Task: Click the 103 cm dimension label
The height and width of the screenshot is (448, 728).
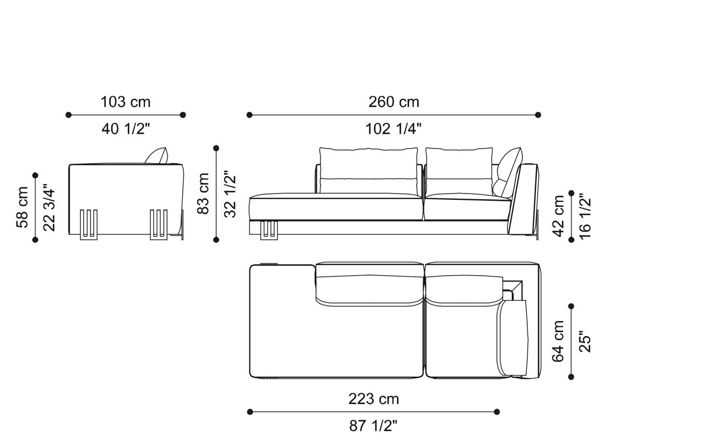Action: click(125, 102)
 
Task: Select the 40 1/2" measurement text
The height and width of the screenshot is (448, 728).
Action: click(126, 129)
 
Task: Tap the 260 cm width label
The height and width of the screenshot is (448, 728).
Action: click(394, 102)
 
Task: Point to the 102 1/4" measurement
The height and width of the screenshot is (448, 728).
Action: click(393, 129)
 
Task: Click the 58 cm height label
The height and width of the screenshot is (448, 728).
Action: click(23, 207)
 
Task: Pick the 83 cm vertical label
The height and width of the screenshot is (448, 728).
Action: click(203, 194)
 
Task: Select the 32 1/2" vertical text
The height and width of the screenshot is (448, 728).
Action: click(230, 194)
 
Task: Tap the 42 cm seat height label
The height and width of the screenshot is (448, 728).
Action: click(558, 216)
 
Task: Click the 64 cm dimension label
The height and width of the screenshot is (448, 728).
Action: click(558, 341)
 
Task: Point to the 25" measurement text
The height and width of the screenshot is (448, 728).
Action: click(585, 342)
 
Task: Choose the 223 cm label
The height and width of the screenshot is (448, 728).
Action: click(373, 399)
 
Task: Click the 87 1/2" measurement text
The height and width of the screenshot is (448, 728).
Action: click(373, 426)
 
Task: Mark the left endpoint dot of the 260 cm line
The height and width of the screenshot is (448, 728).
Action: click(250, 115)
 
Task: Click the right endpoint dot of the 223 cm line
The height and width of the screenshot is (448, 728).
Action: click(497, 412)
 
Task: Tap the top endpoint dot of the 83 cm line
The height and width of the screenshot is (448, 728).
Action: click(216, 148)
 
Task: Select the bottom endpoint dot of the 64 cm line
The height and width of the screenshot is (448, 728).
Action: click(571, 377)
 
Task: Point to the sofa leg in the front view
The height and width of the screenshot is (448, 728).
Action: click(269, 229)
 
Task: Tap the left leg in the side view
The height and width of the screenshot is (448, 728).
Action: click(88, 224)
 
